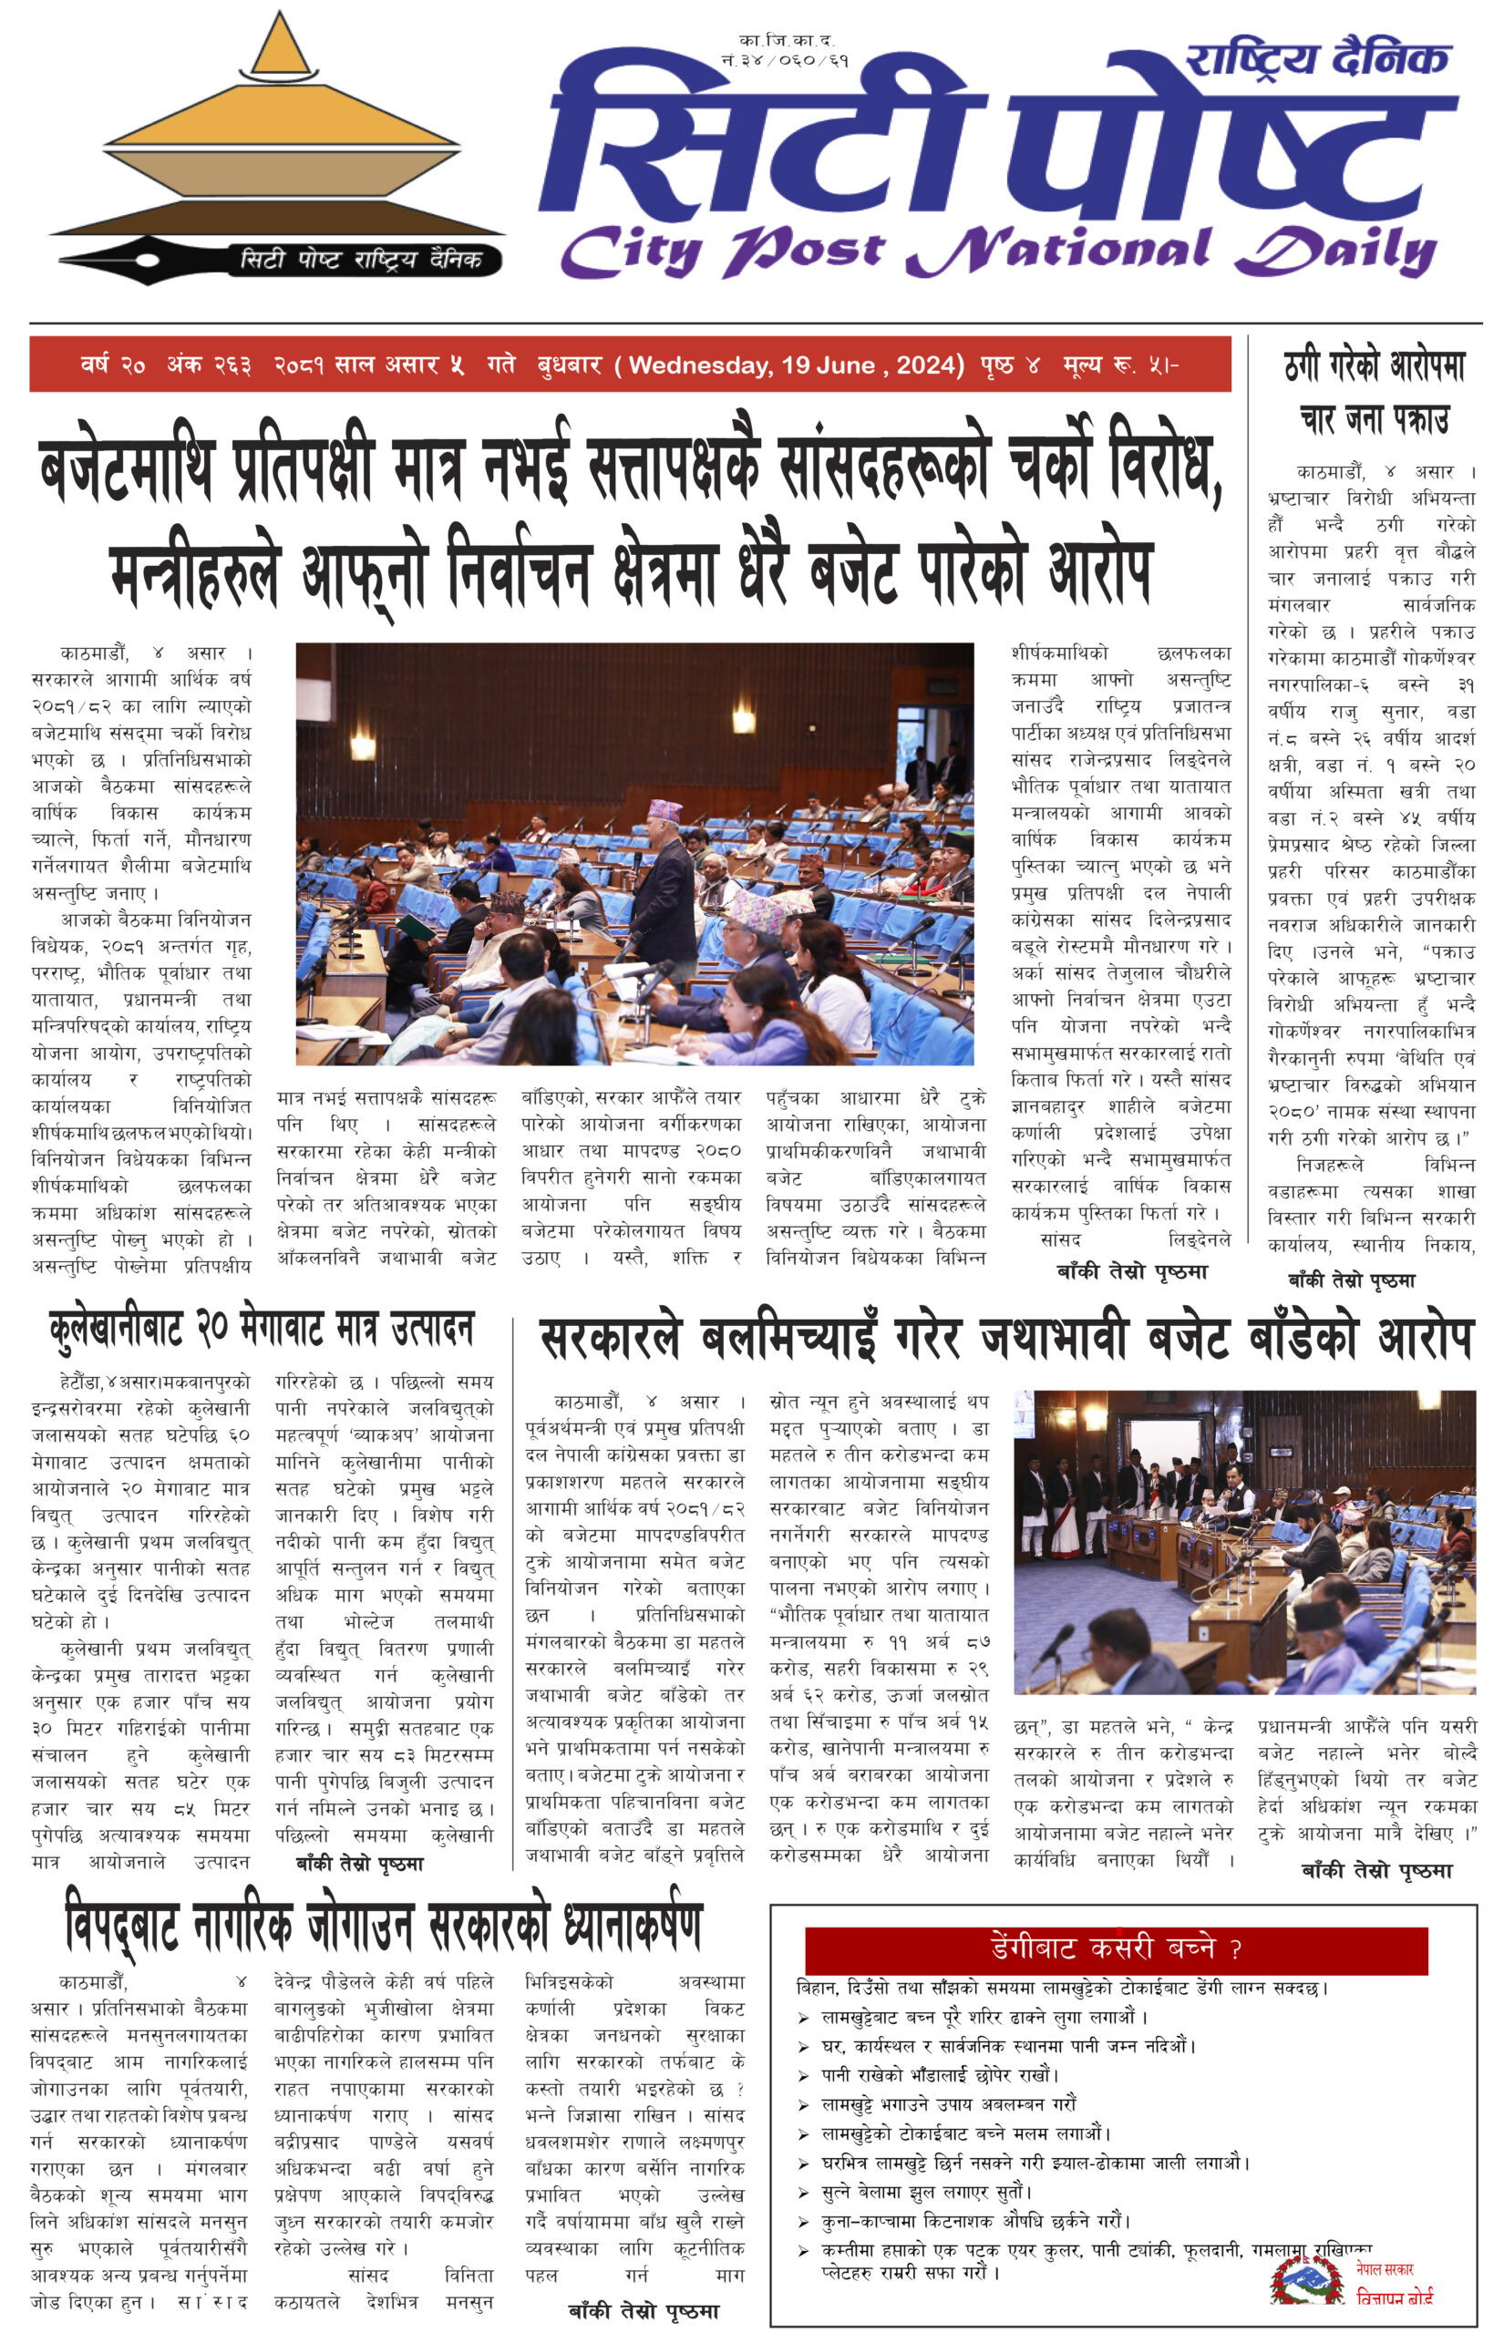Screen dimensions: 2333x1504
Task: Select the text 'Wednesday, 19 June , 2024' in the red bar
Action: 796,365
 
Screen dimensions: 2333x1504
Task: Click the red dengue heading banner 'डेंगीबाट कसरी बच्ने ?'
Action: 1116,1948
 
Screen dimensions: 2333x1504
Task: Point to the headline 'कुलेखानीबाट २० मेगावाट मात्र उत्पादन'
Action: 262,1329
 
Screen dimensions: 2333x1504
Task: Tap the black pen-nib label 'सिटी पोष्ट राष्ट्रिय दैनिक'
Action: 361,260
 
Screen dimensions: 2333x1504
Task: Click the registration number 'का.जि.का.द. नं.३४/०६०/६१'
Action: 785,51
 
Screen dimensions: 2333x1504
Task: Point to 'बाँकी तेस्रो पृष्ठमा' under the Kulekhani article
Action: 359,1865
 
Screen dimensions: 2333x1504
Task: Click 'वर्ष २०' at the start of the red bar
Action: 113,365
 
